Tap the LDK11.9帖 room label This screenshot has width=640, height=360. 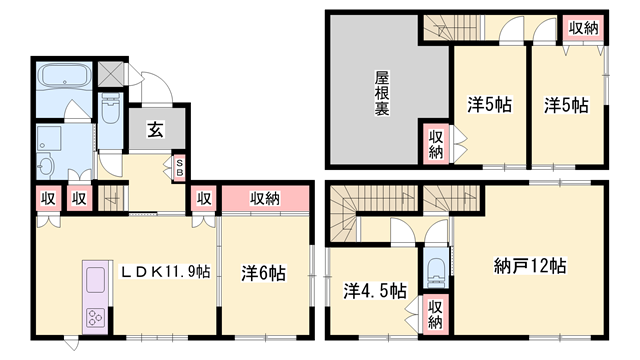click(x=165, y=271)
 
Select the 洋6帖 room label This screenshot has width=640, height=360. click(x=264, y=273)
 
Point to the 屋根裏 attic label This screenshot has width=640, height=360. click(x=382, y=93)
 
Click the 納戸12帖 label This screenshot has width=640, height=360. click(x=530, y=266)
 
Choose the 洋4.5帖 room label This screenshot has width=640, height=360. click(x=374, y=291)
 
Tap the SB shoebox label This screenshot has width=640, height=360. click(x=180, y=167)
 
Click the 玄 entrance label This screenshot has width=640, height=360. click(x=156, y=130)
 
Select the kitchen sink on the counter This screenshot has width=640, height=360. click(x=96, y=280)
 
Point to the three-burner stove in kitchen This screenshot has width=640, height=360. click(x=96, y=318)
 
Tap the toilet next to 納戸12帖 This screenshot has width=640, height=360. click(x=436, y=268)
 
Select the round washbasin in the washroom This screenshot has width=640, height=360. click(x=45, y=167)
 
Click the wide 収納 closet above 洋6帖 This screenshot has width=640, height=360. click(x=265, y=199)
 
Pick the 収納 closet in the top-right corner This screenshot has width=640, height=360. click(x=583, y=29)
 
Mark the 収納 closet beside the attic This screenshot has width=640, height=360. click(x=436, y=144)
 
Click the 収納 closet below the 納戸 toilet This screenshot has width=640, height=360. click(x=436, y=315)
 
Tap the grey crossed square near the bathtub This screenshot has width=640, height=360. click(x=111, y=74)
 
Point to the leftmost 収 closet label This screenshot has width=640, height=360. click(x=48, y=199)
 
